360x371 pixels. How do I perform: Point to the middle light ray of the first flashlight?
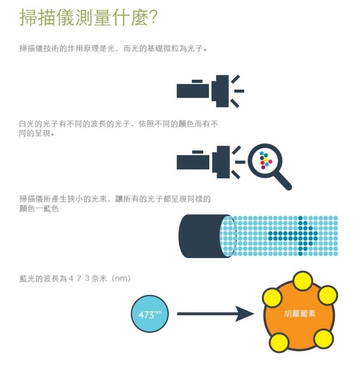[x=239, y=90]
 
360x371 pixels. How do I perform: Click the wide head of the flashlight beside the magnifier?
[x=223, y=161]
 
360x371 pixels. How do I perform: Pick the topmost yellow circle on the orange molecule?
[x=302, y=280]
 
